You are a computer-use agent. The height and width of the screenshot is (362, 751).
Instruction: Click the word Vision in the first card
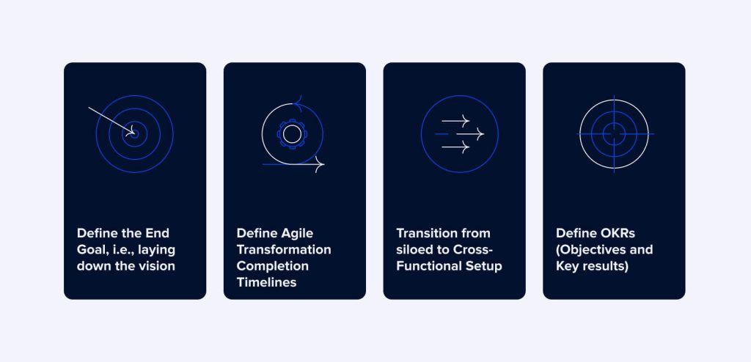coord(157,266)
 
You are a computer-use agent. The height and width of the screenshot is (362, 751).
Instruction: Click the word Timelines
coord(267,282)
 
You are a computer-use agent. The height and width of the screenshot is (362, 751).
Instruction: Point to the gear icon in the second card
coord(292,134)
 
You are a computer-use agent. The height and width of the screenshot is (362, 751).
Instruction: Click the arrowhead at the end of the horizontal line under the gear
coord(319,165)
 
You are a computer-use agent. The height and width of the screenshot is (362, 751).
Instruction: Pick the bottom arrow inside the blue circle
coord(456,147)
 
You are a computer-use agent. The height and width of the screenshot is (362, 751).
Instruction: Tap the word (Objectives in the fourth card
coord(590,250)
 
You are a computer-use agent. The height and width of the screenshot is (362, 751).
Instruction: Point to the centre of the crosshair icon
coord(615,134)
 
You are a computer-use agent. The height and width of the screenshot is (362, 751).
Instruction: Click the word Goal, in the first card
coord(93,250)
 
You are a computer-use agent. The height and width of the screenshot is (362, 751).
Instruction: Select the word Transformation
coord(284,250)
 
